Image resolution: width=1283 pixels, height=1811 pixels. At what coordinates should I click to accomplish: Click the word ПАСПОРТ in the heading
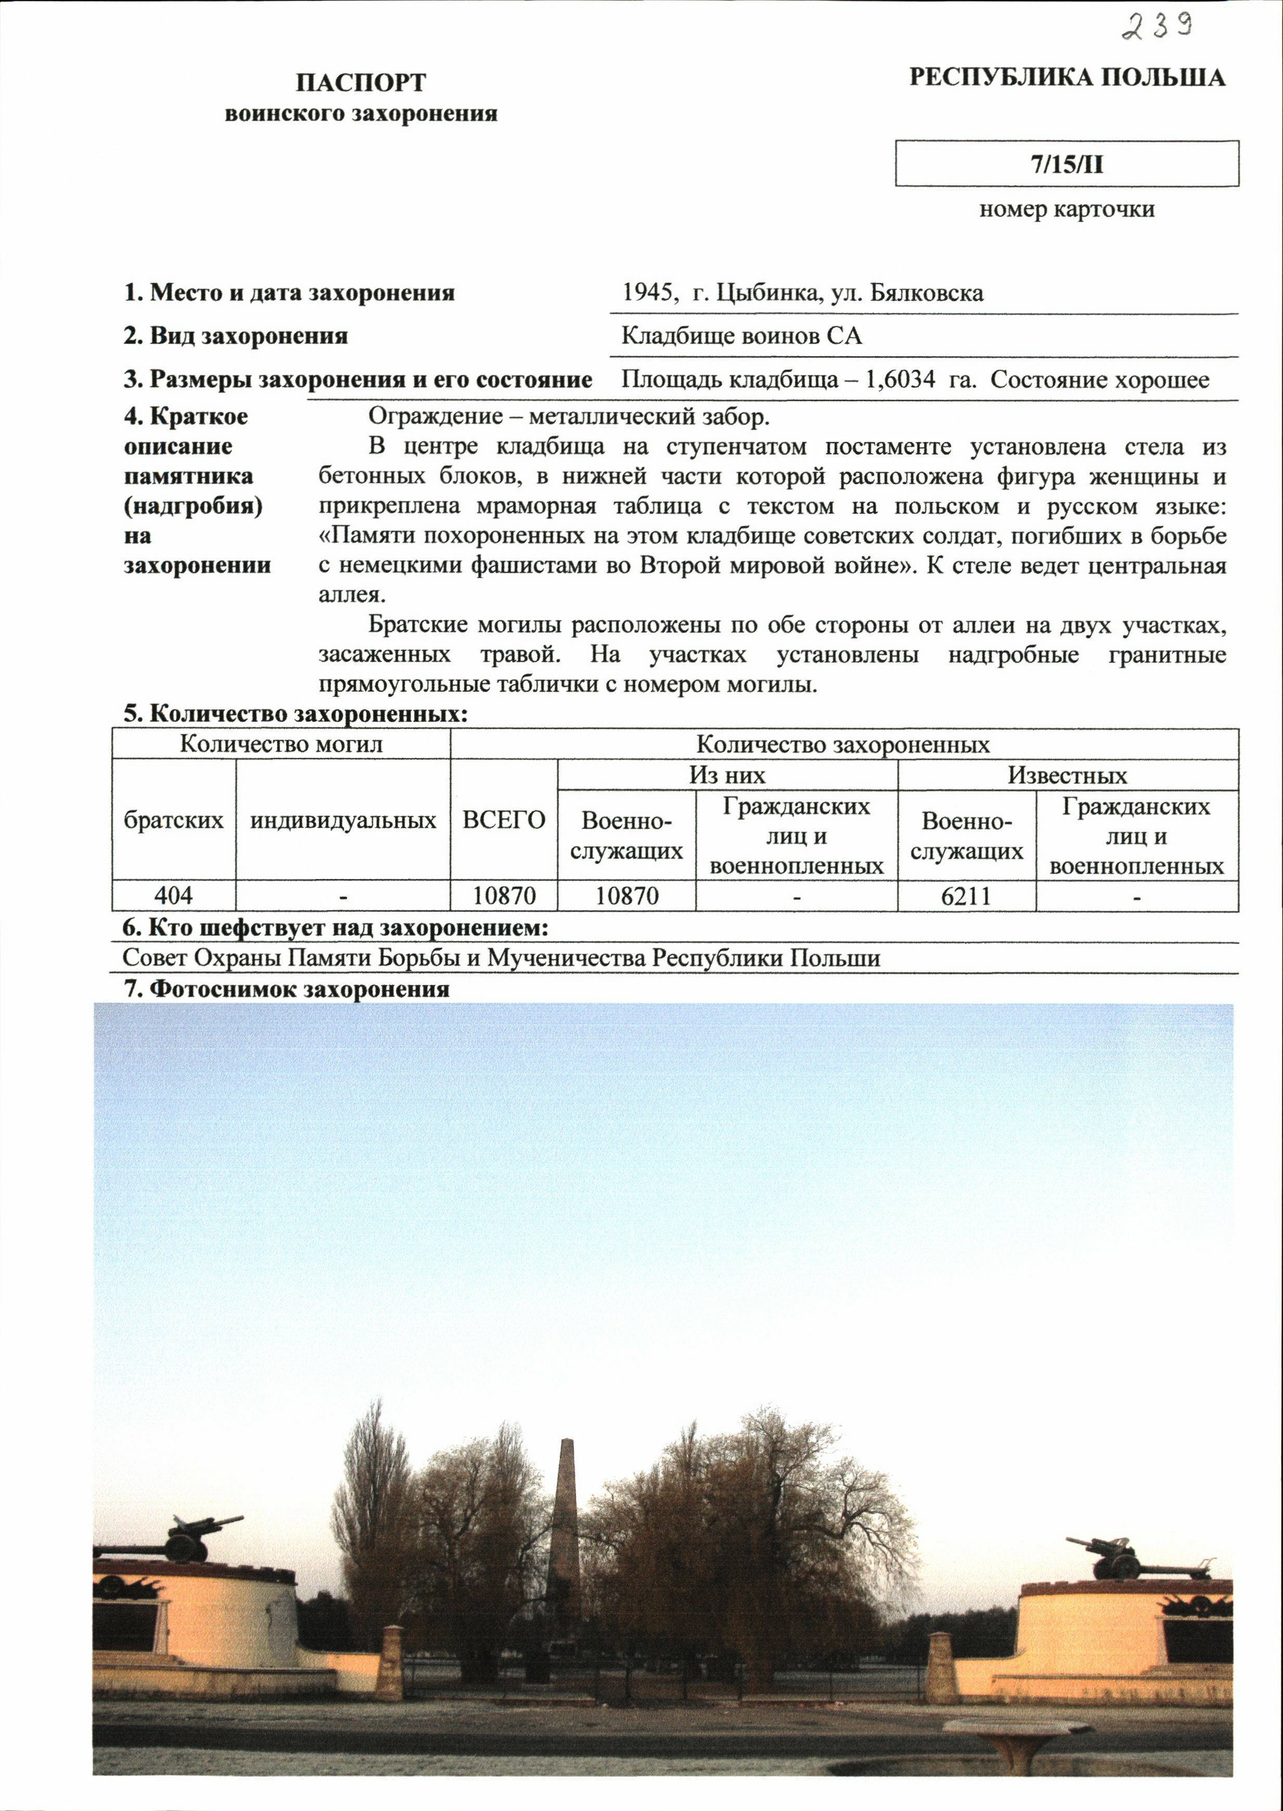click(361, 82)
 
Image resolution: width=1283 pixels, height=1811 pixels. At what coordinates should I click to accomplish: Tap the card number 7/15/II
click(1067, 164)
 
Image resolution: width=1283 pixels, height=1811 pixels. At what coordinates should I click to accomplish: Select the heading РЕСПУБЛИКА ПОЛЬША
click(1067, 77)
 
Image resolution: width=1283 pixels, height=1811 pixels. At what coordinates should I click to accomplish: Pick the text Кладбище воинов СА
click(742, 337)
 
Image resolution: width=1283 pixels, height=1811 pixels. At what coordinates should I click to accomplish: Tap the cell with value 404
click(174, 896)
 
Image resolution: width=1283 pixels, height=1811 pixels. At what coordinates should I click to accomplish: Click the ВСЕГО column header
click(504, 820)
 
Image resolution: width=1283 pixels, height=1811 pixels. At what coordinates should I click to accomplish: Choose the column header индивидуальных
click(343, 820)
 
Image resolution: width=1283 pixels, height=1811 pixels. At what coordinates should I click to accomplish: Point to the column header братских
click(174, 820)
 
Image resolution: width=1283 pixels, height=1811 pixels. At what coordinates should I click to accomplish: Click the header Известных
click(1067, 775)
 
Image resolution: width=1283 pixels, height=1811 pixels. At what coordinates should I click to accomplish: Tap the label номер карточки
click(1067, 209)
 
